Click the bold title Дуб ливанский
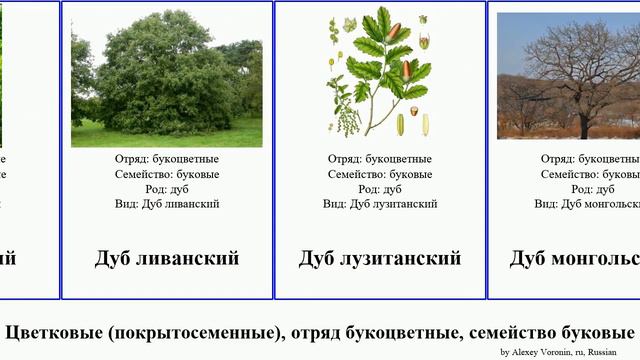(x=167, y=258)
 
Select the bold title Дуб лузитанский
(x=380, y=258)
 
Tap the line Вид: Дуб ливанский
(x=167, y=204)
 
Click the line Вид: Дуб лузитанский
(x=380, y=204)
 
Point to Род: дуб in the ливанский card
(x=167, y=189)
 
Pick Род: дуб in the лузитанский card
(x=380, y=189)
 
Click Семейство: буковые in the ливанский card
(x=167, y=174)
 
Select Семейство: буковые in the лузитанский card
(x=380, y=174)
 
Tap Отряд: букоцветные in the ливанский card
(x=167, y=159)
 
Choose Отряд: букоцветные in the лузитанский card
(x=380, y=159)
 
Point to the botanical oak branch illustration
(x=380, y=75)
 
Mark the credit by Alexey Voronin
(x=560, y=352)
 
